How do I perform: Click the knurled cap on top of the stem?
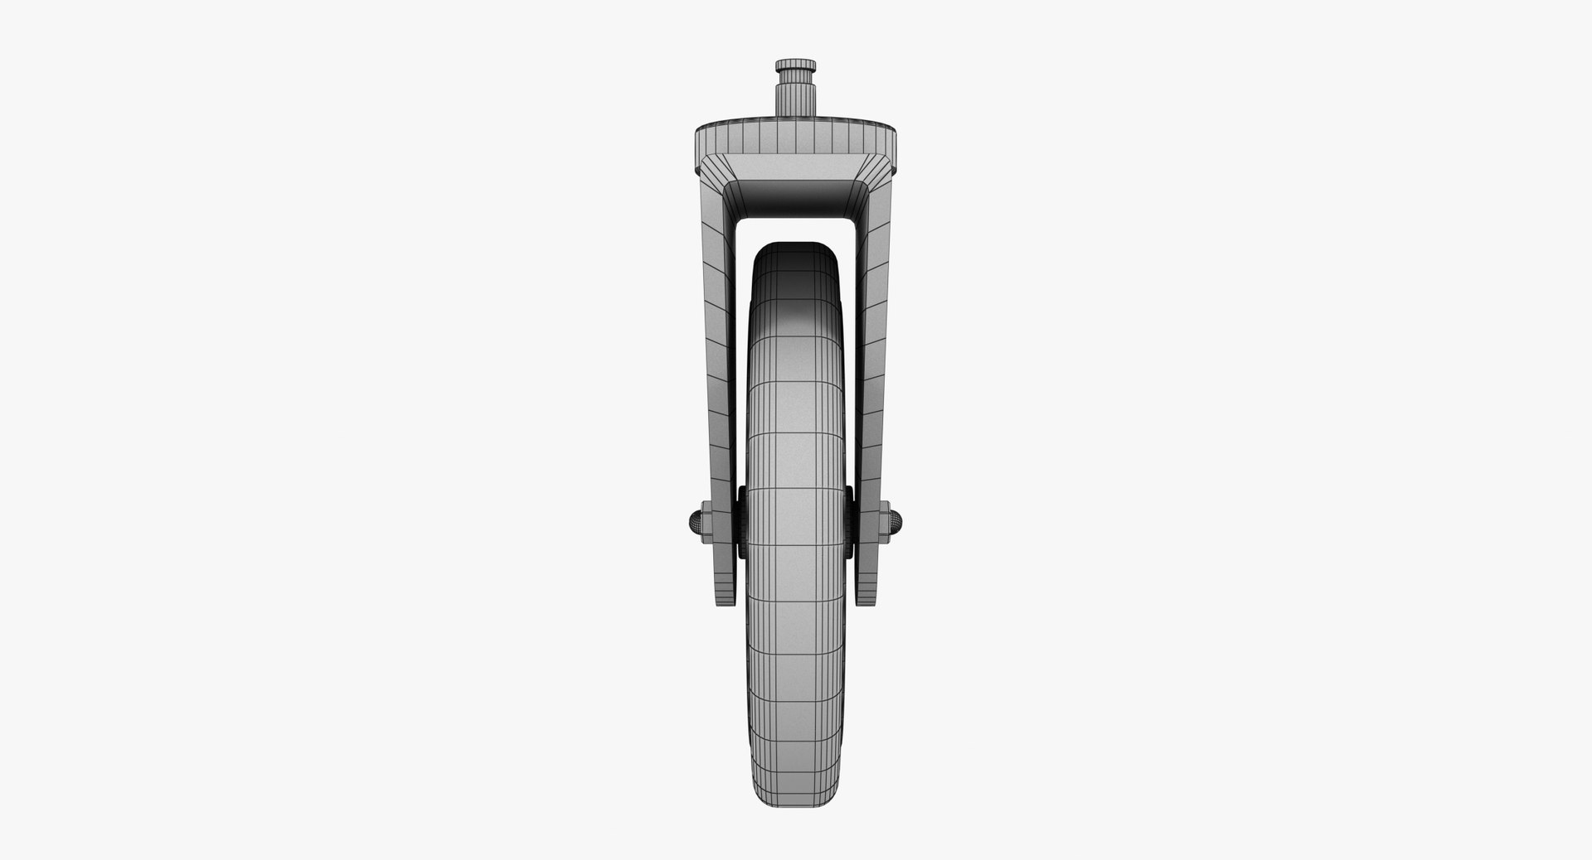click(796, 65)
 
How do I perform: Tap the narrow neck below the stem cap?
click(796, 80)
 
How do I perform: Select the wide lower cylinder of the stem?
click(796, 103)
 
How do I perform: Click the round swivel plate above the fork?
click(796, 138)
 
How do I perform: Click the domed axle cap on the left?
click(693, 522)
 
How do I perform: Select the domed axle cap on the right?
click(900, 522)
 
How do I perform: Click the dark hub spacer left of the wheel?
click(740, 522)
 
